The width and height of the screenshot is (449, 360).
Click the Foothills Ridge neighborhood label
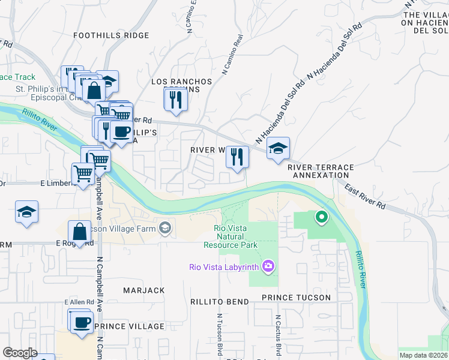point(111,35)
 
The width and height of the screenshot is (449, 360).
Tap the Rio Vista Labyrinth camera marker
point(268,266)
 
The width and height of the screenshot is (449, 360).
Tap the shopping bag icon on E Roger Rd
point(80,232)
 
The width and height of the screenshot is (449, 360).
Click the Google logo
point(20,353)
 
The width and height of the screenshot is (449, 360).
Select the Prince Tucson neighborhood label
point(296,298)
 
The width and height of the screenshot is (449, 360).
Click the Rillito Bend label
point(219,302)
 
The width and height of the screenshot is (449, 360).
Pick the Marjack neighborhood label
point(143,290)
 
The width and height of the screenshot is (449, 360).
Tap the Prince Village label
point(129,326)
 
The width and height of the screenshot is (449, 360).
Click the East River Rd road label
point(365,197)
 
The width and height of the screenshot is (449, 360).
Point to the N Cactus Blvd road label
point(279,334)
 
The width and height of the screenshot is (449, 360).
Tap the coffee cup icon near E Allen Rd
point(82,322)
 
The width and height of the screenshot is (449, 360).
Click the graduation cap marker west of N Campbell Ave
point(26,212)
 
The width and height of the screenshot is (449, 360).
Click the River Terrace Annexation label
point(321,171)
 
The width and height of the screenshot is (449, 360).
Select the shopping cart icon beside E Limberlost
point(83,173)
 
